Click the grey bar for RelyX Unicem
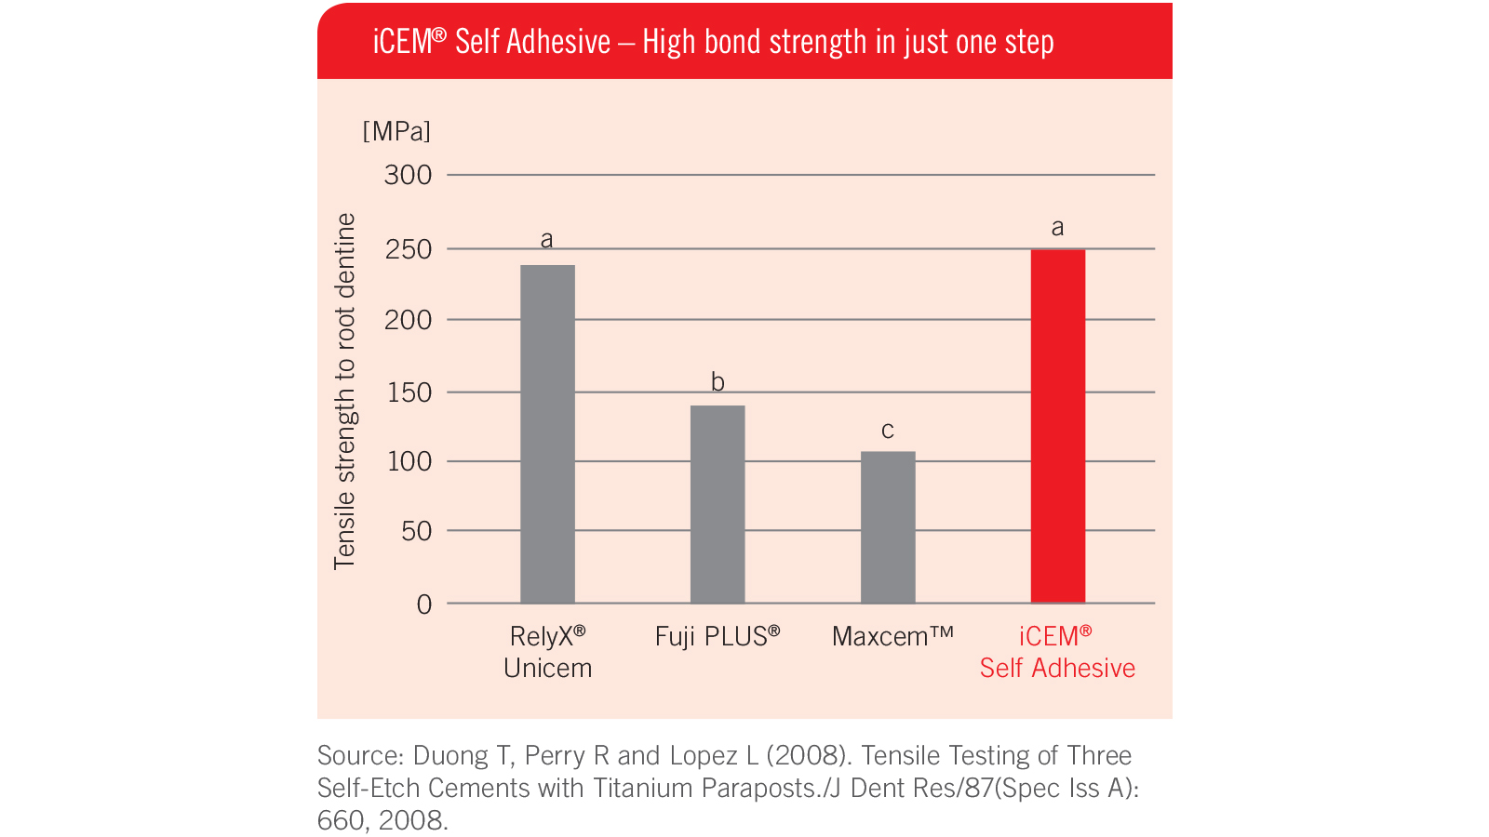(x=547, y=434)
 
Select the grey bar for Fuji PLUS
(x=718, y=504)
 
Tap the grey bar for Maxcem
(x=888, y=527)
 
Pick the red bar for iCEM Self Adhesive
(x=1058, y=426)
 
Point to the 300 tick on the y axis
(x=408, y=175)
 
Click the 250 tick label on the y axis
(x=408, y=249)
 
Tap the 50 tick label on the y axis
(x=416, y=531)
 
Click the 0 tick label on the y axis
(x=424, y=604)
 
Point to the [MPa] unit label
(x=396, y=131)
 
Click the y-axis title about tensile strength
(x=345, y=391)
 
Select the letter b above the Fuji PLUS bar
(x=718, y=381)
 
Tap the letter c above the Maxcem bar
(x=888, y=430)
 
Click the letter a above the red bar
(x=1057, y=227)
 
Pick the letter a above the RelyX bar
(x=547, y=240)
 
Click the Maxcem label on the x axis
(x=892, y=637)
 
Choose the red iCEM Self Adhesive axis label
(x=1057, y=652)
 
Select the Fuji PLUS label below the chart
(x=717, y=637)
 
